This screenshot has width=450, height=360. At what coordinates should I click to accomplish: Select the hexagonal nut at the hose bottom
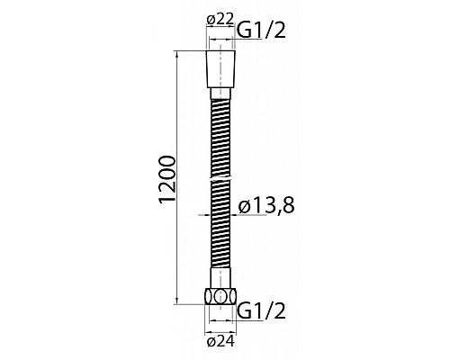tap(221, 298)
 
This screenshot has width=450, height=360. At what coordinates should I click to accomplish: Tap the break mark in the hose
tap(221, 181)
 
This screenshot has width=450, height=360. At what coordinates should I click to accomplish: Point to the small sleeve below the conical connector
tap(221, 94)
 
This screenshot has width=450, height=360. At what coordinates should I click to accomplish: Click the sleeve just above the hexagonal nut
tap(221, 283)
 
